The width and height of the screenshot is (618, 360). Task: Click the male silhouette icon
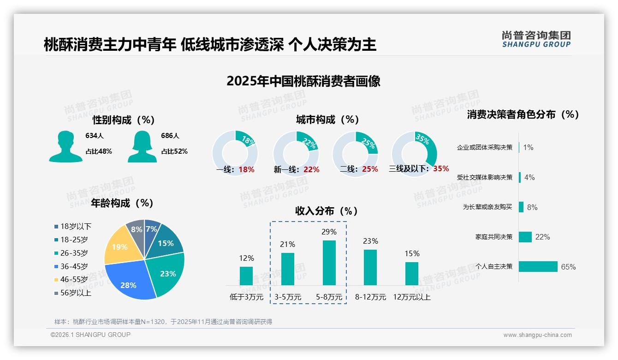[x=65, y=146]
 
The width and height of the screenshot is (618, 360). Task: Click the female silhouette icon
[x=142, y=146]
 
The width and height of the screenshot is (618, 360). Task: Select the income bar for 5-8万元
[x=329, y=263]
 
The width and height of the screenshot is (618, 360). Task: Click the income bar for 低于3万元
[x=246, y=276]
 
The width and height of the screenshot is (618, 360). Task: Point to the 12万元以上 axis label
[x=412, y=297]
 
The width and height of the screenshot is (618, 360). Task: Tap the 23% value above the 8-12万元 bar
[x=370, y=241]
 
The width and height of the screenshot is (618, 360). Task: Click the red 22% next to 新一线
[x=311, y=170]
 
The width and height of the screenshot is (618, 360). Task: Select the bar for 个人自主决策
[x=538, y=267]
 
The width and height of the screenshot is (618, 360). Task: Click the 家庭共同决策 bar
[x=525, y=237]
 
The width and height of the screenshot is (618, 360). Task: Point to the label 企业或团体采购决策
[x=484, y=148]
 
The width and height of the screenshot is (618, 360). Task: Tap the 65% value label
[x=568, y=267]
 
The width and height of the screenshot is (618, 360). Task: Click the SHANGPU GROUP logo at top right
[x=536, y=39]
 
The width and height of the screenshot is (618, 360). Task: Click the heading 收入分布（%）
[x=327, y=211]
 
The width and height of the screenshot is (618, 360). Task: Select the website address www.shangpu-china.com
[x=537, y=335]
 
